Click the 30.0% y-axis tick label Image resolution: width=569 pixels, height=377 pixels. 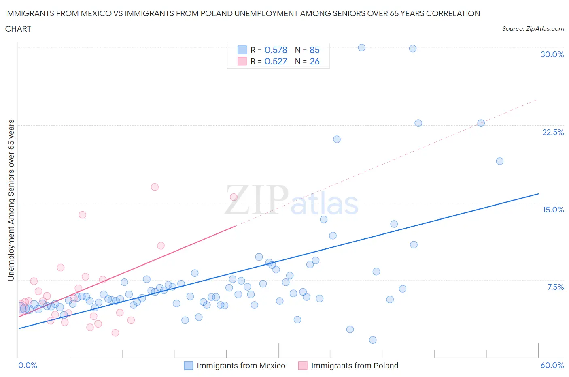[552, 54]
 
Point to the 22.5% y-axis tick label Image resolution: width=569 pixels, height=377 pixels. [553, 132]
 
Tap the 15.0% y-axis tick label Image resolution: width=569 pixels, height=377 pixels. [553, 210]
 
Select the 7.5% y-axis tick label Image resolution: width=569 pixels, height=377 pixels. [555, 287]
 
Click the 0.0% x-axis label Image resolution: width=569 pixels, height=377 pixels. [28, 365]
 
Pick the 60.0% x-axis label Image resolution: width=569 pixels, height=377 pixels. [552, 365]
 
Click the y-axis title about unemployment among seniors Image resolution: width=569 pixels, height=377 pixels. [11, 200]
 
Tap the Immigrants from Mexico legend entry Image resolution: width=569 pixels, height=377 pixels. [240, 366]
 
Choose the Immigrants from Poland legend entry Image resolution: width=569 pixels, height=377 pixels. [354, 366]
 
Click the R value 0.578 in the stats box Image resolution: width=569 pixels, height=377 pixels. [276, 50]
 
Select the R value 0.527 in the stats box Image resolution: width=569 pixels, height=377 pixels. [276, 61]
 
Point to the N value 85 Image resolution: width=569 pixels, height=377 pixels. [314, 50]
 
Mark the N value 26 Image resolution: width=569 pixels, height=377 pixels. [314, 61]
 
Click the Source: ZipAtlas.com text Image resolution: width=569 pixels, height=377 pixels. [533, 28]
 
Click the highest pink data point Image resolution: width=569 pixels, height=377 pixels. [155, 187]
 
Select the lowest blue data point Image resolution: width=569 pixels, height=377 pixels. [373, 340]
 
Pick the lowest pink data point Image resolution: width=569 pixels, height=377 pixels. [115, 333]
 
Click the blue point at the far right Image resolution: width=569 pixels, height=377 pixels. [500, 161]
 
